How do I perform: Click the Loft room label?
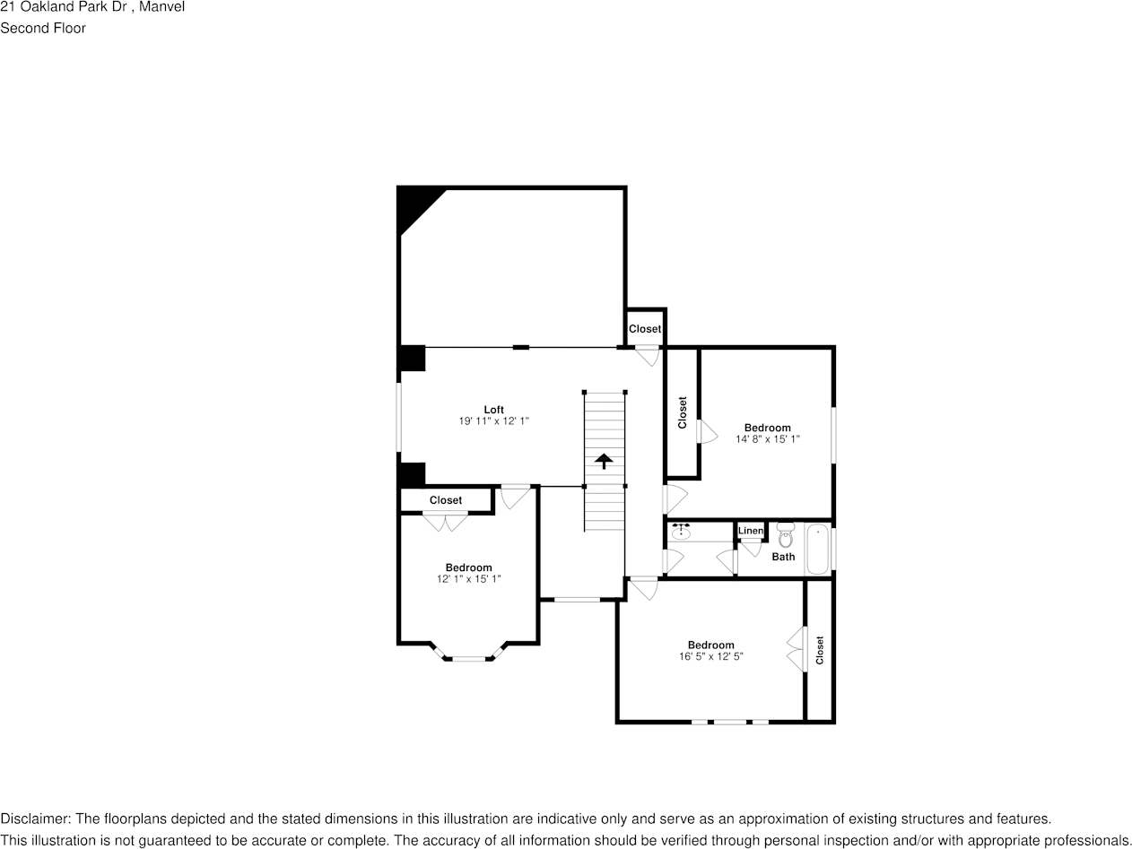(493, 410)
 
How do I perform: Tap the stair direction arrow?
(605, 461)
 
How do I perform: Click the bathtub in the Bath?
(817, 549)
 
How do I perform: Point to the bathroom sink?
(681, 533)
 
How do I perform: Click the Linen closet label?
(751, 531)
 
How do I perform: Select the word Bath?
(783, 557)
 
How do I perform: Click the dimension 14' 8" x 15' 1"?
(767, 439)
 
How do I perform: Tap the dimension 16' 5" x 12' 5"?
(710, 656)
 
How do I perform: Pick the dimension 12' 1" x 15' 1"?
(468, 579)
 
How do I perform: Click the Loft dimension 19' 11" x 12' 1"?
(493, 421)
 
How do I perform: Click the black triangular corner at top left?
(414, 204)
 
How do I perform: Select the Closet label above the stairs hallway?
(644, 329)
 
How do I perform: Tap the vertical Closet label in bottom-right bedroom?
(819, 650)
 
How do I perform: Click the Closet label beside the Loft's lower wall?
(446, 500)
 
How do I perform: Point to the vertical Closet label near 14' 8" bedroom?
(682, 412)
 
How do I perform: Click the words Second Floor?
(43, 28)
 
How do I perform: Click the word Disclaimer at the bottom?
(35, 819)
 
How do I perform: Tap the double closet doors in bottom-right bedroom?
(795, 649)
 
